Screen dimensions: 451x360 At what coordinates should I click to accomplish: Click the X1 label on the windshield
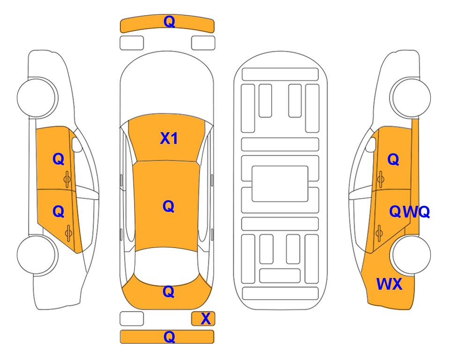[169, 139]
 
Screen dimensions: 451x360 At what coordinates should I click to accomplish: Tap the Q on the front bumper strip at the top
[169, 22]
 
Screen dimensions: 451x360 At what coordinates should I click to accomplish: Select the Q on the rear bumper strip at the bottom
[169, 337]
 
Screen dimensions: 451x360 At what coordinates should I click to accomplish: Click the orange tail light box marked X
[203, 319]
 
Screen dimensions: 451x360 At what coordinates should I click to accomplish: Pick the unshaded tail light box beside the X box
[132, 319]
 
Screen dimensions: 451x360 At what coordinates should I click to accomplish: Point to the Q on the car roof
[168, 206]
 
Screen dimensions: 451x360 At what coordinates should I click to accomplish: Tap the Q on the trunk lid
[168, 292]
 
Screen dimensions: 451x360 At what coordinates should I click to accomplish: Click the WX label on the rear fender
[389, 284]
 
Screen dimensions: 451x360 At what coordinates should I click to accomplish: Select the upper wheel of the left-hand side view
[37, 97]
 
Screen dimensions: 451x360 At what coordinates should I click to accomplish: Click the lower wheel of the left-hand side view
[37, 255]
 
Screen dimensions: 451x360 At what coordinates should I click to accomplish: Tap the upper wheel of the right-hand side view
[410, 97]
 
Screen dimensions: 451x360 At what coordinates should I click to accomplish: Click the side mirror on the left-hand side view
[76, 144]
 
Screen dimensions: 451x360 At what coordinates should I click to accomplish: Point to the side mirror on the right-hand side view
[371, 144]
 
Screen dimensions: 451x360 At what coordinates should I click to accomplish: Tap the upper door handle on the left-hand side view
[67, 179]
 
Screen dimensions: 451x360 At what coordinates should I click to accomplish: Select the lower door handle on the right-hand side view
[379, 233]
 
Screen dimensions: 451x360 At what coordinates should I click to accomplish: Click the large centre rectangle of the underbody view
[280, 184]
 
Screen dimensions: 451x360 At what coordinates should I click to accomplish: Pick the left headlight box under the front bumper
[132, 43]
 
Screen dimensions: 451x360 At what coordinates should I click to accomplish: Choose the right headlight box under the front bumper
[203, 43]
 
